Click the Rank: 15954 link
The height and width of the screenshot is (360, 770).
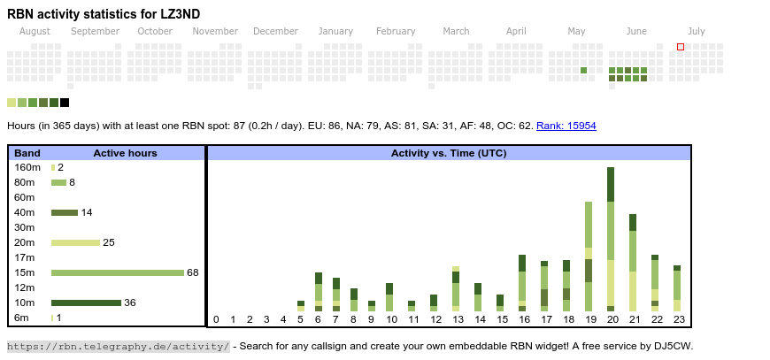coord(566,126)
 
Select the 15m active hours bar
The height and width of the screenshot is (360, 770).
coord(117,272)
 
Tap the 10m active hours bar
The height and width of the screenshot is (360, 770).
coord(86,303)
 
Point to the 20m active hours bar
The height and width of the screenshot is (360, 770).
coord(75,242)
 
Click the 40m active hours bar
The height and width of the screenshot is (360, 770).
coord(65,212)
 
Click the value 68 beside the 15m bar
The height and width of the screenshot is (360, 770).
coord(193,272)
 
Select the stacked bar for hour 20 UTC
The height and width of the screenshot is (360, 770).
coord(611,239)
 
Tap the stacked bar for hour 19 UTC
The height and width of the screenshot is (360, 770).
coord(589,257)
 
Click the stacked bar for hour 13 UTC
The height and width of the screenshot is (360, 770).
coord(456,288)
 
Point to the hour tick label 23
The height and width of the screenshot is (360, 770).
coord(679,319)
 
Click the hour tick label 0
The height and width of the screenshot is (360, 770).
coord(216,319)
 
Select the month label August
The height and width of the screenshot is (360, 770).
coord(35,31)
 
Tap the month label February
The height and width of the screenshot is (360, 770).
coord(396,31)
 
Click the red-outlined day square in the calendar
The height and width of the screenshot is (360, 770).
coord(681,47)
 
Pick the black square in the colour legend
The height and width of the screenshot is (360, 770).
coord(65,103)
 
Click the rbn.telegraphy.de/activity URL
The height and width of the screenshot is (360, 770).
coord(118,346)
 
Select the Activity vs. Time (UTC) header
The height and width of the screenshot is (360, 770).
coord(449,153)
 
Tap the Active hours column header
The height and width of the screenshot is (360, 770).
coord(125,153)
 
